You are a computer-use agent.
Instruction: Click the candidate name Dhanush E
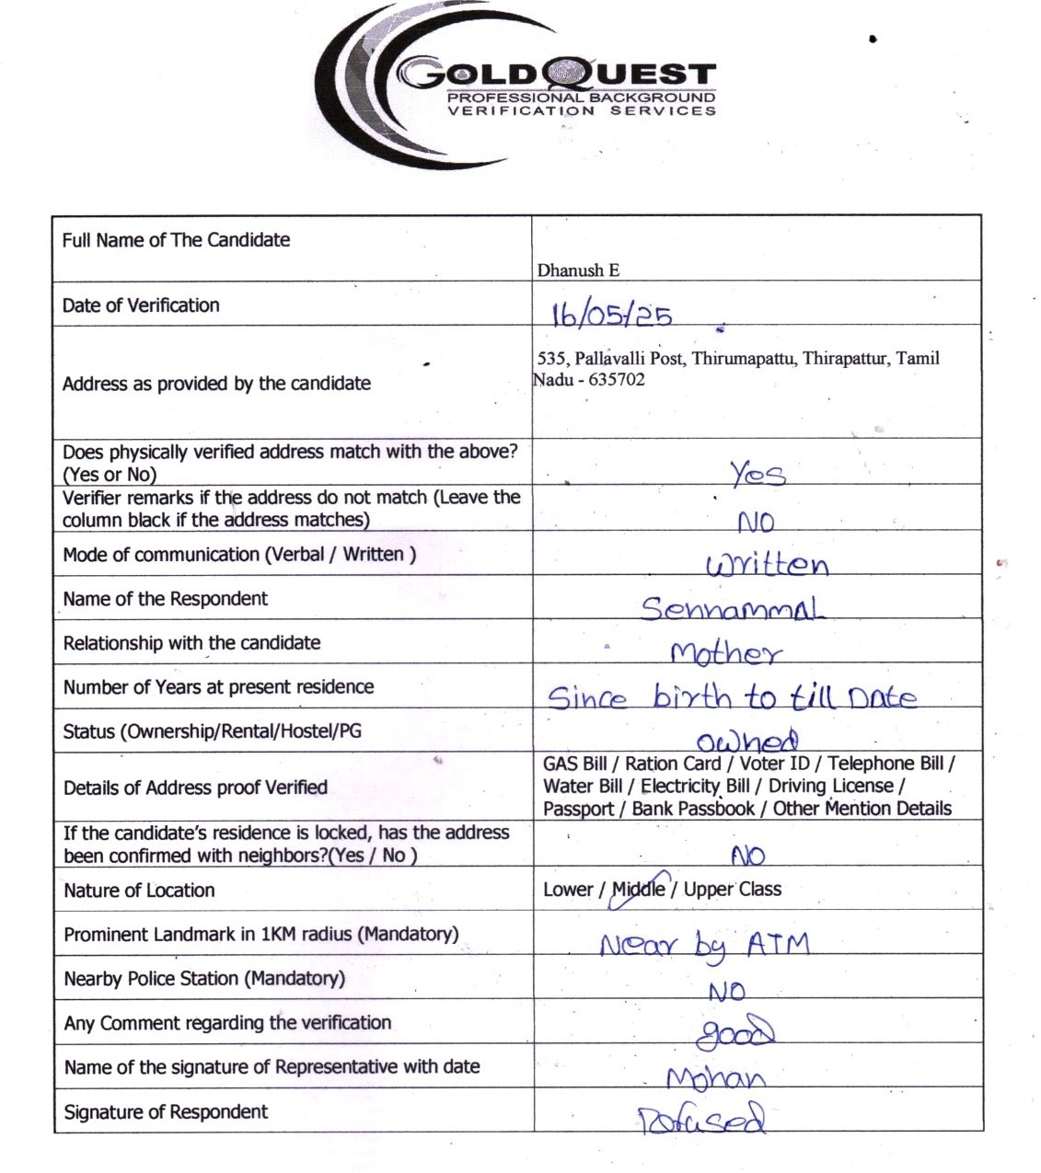pos(578,270)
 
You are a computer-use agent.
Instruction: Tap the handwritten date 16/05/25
pos(611,315)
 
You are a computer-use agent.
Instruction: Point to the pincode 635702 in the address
pos(617,380)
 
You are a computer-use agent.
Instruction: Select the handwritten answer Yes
pos(758,474)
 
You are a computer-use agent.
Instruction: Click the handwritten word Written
pos(767,564)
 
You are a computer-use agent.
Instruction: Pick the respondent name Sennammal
pos(732,608)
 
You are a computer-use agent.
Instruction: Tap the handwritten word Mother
pos(726,653)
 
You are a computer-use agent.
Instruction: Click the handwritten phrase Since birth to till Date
pos(732,697)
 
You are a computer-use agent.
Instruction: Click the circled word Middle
pos(639,890)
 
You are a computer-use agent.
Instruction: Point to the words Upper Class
pos(732,890)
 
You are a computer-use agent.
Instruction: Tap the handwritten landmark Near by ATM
pos(704,946)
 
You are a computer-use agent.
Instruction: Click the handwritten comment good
pos(734,1034)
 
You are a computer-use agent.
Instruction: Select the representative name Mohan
pos(715,1078)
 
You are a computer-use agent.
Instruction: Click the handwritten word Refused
pos(701,1120)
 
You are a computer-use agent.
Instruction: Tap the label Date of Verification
pos(141,305)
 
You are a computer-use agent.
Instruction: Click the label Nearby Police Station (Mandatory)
pos(204,979)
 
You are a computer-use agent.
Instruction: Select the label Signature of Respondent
pos(166,1112)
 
